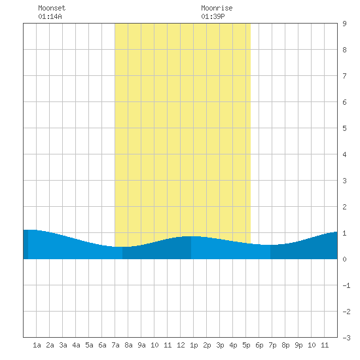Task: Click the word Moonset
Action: pyautogui.click(x=52, y=8)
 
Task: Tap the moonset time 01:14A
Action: pyautogui.click(x=50, y=16)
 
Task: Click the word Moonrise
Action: pyautogui.click(x=217, y=8)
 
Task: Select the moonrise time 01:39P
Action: pyautogui.click(x=213, y=16)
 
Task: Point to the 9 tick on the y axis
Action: pyautogui.click(x=344, y=24)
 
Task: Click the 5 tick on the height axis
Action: pyautogui.click(x=344, y=128)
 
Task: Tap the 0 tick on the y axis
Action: pyautogui.click(x=344, y=259)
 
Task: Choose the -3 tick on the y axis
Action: pyautogui.click(x=346, y=338)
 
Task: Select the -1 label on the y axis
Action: pyautogui.click(x=346, y=285)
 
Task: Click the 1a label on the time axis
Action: pyautogui.click(x=37, y=345)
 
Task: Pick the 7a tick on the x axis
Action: pyautogui.click(x=115, y=345)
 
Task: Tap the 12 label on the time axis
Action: pyautogui.click(x=181, y=345)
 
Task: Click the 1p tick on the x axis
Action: pyautogui.click(x=194, y=345)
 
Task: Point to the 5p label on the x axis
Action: pyautogui.click(x=246, y=345)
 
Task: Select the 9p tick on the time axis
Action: pyautogui.click(x=298, y=345)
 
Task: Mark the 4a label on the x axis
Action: pyautogui.click(x=76, y=345)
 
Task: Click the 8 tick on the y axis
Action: pyautogui.click(x=344, y=50)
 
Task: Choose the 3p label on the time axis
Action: pyautogui.click(x=220, y=345)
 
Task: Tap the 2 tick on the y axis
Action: pyautogui.click(x=344, y=207)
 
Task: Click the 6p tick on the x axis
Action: pyautogui.click(x=259, y=345)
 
